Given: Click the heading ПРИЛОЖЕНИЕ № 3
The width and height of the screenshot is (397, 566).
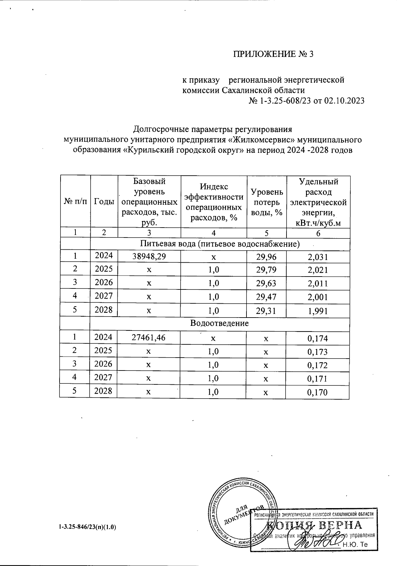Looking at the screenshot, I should pyautogui.click(x=273, y=54).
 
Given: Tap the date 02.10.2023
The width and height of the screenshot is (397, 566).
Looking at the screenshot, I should pyautogui.click(x=344, y=101).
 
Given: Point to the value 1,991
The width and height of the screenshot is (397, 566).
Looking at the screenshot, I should pyautogui.click(x=318, y=311).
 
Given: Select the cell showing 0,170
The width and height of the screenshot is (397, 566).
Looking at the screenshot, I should pyautogui.click(x=318, y=393).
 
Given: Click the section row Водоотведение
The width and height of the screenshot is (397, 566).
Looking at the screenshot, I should pyautogui.click(x=220, y=323).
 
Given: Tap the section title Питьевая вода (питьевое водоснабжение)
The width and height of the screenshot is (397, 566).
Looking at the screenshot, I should pyautogui.click(x=220, y=244).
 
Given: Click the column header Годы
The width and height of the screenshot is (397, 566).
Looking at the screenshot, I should pyautogui.click(x=104, y=201).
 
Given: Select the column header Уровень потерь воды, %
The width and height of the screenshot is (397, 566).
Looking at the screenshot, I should pyautogui.click(x=267, y=202).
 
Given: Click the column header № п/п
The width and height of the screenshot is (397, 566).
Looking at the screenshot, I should pyautogui.click(x=75, y=201).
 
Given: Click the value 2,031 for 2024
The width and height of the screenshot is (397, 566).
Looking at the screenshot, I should pyautogui.click(x=318, y=257).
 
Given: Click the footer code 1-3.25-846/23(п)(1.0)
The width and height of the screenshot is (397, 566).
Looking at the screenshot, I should pyautogui.click(x=88, y=527).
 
